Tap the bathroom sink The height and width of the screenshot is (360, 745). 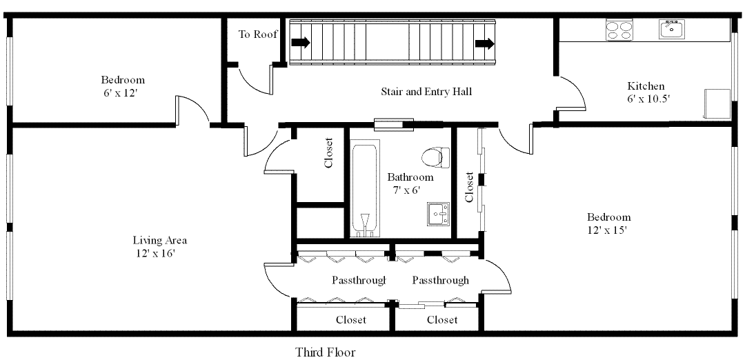(438, 214)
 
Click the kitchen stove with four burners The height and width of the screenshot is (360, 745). (619, 30)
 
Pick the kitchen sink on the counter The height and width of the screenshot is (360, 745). (670, 29)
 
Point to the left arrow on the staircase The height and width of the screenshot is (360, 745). (301, 43)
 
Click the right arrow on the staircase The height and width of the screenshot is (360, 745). (485, 44)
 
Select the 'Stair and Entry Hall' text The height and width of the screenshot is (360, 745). (426, 91)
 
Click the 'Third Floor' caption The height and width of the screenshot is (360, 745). (326, 352)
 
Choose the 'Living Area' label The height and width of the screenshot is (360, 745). (160, 241)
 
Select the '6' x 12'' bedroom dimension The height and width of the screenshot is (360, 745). (121, 92)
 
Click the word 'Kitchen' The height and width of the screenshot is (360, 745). (646, 86)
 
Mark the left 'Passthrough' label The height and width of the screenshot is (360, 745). (358, 280)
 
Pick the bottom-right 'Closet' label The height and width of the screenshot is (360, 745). (441, 319)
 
